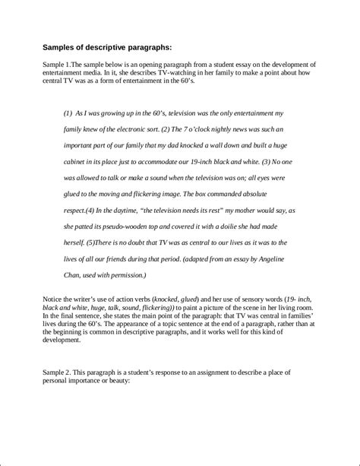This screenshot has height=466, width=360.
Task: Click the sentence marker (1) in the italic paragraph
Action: point(68,112)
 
